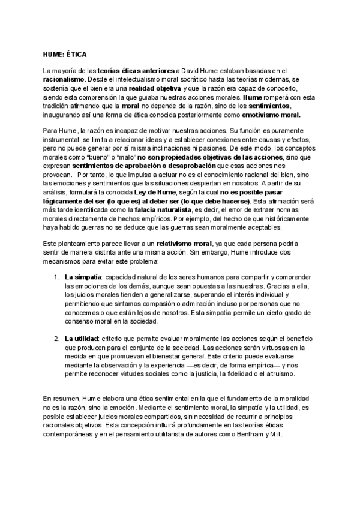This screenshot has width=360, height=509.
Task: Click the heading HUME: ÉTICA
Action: point(61,54)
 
